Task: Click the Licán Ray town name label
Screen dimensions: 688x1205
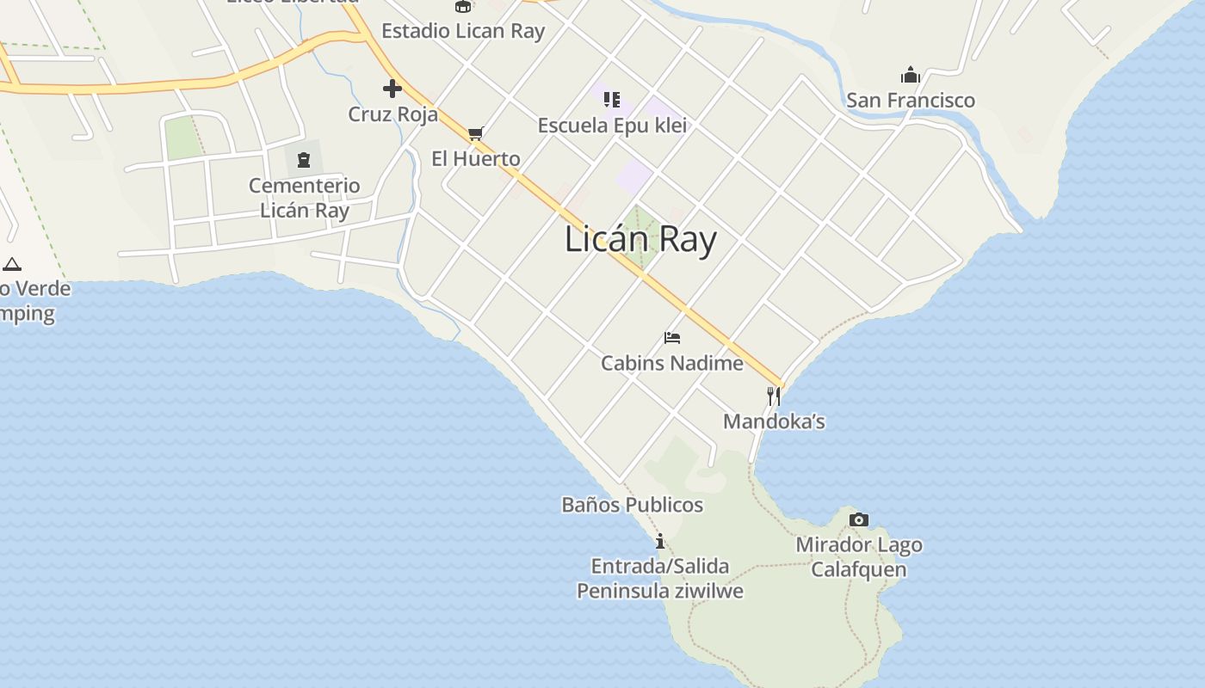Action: coord(640,239)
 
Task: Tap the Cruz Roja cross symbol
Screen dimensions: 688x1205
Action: coord(392,88)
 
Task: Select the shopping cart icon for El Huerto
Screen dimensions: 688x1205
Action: coord(475,134)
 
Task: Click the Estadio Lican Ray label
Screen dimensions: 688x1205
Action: coord(463,32)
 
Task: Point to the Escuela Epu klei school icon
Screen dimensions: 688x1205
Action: coord(612,100)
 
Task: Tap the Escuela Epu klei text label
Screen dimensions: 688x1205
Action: coord(612,126)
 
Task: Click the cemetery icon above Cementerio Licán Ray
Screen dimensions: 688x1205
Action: coord(304,160)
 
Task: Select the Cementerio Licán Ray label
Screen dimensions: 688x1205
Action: coord(305,198)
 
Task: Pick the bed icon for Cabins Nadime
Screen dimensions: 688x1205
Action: coord(672,338)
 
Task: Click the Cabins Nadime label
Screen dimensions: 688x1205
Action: coord(672,363)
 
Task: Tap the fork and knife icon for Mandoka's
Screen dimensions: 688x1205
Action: coord(774,396)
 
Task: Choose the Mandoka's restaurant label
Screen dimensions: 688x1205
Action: coord(774,421)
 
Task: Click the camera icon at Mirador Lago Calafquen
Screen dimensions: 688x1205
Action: coord(858,519)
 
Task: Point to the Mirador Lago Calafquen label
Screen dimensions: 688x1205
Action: coord(859,557)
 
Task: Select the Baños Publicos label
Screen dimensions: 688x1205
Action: coord(633,505)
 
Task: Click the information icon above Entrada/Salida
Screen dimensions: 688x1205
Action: coord(660,541)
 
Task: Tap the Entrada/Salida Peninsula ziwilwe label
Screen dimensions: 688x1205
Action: coord(660,579)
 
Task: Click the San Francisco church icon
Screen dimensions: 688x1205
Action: coord(911,75)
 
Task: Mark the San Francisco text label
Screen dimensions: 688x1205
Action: coord(911,101)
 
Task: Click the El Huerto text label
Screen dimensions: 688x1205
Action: coord(476,159)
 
